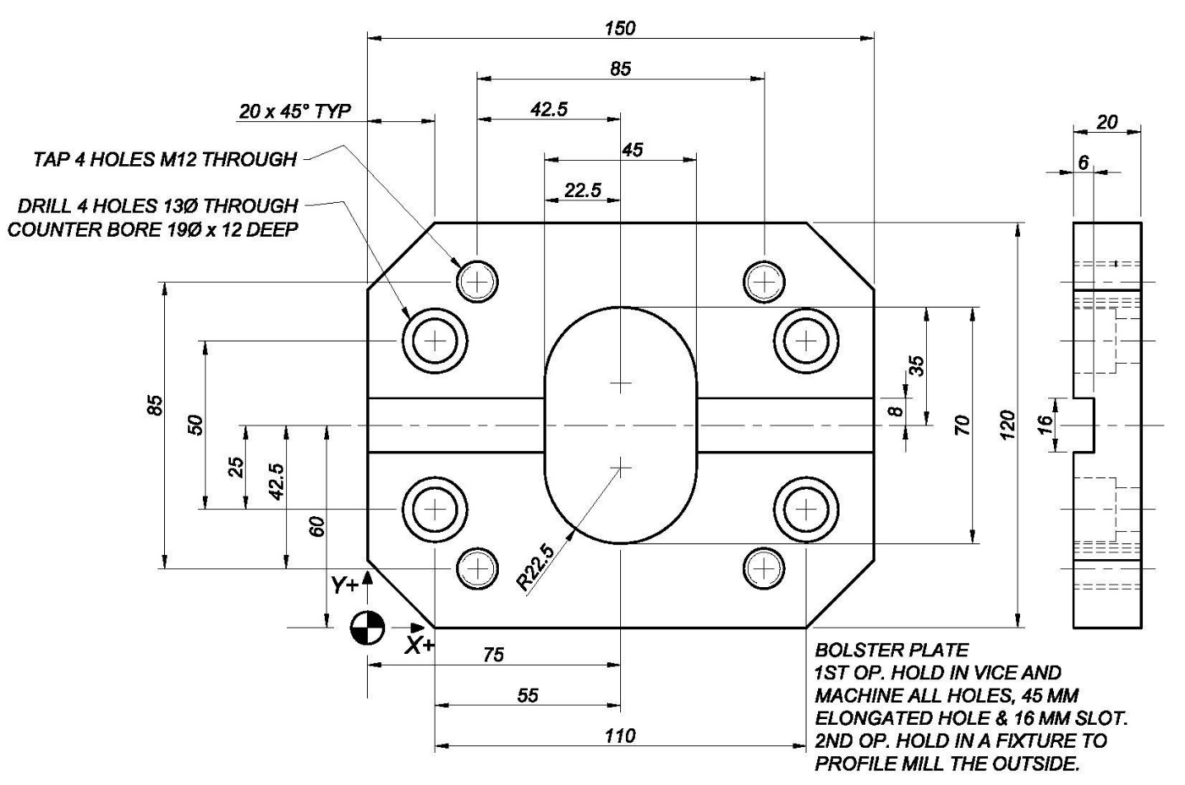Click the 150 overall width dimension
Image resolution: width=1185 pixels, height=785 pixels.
coord(620,28)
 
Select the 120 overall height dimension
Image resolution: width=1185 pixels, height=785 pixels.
coord(1007,425)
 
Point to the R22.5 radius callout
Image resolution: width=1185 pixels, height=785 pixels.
coord(535,567)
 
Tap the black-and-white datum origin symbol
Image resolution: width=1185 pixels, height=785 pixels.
coord(368,628)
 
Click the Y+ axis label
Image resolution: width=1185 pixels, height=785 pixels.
coord(345,585)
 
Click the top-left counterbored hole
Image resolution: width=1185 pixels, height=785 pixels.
coord(435,341)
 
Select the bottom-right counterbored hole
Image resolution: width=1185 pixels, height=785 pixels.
coord(806,510)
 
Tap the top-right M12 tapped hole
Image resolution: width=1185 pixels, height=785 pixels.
coord(764,281)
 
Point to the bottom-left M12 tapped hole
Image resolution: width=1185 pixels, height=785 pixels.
coord(477,569)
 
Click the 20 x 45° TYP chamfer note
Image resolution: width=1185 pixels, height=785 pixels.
coord(294,111)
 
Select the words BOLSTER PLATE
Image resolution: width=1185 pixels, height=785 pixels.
coord(892,650)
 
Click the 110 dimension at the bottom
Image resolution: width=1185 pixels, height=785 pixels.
coord(620,736)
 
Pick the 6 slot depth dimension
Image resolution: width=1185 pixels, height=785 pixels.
coord(1083,162)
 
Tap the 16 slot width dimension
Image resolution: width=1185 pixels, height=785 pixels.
coord(1045,425)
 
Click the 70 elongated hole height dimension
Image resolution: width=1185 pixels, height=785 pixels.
coord(962,425)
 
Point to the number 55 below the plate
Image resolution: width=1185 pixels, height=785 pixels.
coord(528,695)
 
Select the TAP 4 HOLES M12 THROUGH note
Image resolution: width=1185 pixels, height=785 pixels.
coord(165,159)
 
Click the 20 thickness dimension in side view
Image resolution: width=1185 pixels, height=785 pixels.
coord(1107,122)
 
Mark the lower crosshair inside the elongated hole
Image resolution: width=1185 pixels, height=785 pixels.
coord(621,467)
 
